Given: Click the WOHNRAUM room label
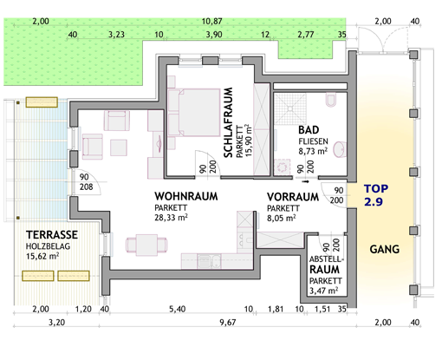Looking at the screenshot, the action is (186, 196).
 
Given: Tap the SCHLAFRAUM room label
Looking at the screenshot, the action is (228, 122).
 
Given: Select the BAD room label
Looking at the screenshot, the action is (309, 130).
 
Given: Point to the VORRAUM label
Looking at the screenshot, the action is (293, 197).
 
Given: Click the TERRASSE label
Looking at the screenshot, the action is (52, 235).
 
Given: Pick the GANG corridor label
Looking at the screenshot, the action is (385, 249).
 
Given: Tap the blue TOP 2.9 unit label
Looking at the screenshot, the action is (375, 195).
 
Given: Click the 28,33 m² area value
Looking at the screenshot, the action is (171, 218).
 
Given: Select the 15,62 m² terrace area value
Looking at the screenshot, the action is (42, 256).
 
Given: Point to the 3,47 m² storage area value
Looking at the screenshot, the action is (323, 291).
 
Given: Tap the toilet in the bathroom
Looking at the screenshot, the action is (331, 100).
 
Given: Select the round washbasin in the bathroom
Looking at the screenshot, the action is (340, 149).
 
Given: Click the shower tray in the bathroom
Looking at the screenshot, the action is (289, 108).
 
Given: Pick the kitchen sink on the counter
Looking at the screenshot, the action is (209, 261).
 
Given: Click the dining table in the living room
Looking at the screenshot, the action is (146, 245).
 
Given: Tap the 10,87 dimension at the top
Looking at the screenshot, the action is (211, 22).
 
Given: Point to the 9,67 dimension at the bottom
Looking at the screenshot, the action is (228, 323).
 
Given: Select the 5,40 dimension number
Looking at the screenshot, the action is (177, 309).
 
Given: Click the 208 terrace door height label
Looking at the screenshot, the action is (87, 187).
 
